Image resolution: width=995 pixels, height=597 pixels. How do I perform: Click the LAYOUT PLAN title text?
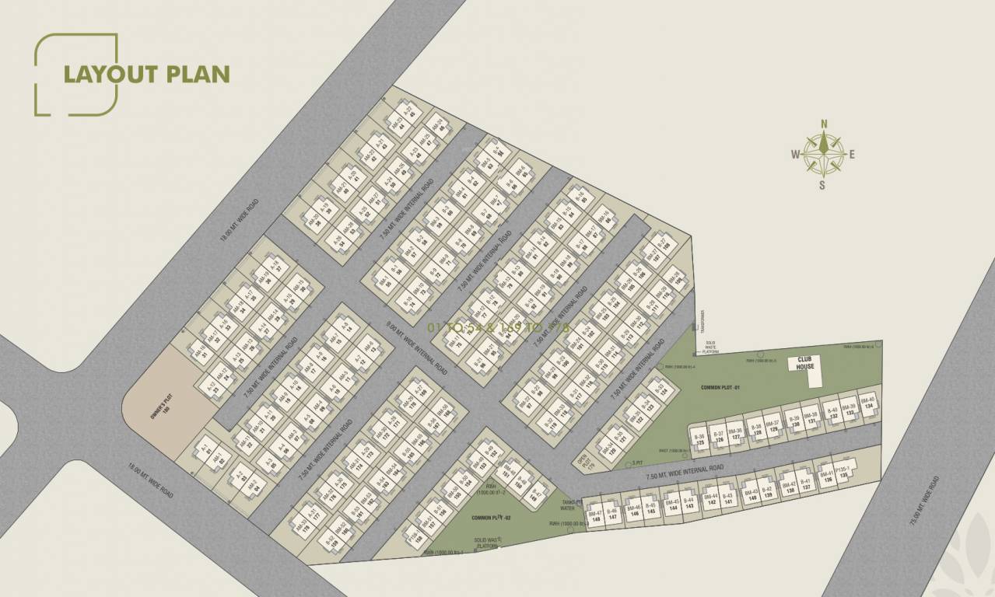146,74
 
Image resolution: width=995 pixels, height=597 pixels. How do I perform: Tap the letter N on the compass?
825,123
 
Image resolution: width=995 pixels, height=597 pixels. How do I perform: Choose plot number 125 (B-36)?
699,438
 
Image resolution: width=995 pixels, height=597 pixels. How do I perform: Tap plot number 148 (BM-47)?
596,516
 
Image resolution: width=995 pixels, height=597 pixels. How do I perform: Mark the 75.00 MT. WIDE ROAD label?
927,502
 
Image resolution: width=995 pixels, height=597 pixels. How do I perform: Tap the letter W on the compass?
795,154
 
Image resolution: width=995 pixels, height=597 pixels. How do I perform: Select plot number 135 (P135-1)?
842,474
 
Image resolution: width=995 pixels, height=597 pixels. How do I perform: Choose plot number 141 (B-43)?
727,499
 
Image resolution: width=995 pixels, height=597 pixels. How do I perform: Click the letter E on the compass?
852,154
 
